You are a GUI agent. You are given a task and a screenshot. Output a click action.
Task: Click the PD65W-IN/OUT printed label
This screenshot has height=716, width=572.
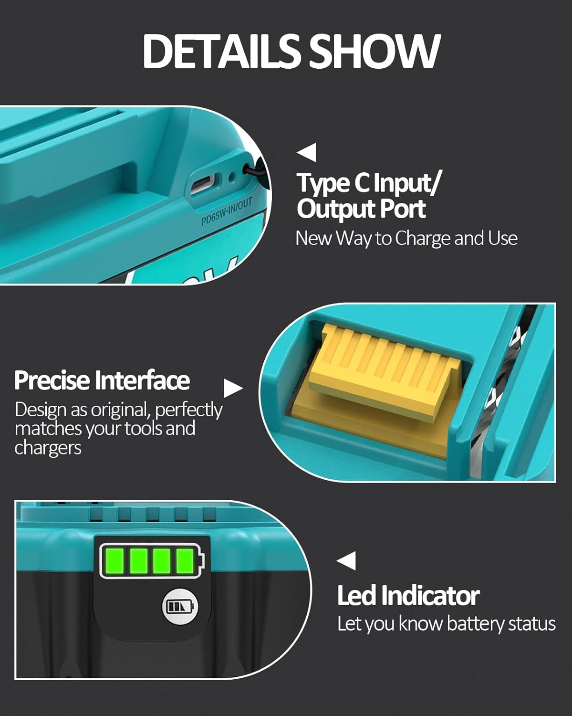click(226, 212)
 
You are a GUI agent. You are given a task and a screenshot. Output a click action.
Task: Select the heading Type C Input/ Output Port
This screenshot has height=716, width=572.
click(367, 196)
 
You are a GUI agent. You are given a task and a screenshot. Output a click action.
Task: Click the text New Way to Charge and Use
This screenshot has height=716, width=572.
click(406, 238)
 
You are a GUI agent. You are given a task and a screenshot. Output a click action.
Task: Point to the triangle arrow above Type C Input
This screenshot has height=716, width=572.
click(307, 152)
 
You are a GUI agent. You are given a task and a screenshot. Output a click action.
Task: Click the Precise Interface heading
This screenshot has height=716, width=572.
click(102, 380)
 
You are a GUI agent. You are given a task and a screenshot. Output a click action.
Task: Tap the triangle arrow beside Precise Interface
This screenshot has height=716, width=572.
click(232, 389)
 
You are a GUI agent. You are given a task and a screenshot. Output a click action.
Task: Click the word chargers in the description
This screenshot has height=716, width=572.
click(48, 448)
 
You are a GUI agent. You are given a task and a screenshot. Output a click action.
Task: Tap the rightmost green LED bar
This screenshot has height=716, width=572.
click(185, 560)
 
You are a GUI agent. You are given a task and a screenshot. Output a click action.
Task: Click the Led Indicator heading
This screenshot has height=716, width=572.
click(408, 596)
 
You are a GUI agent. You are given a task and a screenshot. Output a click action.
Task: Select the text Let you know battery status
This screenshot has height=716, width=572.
click(446, 624)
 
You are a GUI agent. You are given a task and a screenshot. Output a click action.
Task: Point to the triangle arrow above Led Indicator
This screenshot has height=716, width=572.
click(347, 560)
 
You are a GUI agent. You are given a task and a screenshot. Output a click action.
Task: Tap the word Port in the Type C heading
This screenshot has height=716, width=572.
click(403, 209)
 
